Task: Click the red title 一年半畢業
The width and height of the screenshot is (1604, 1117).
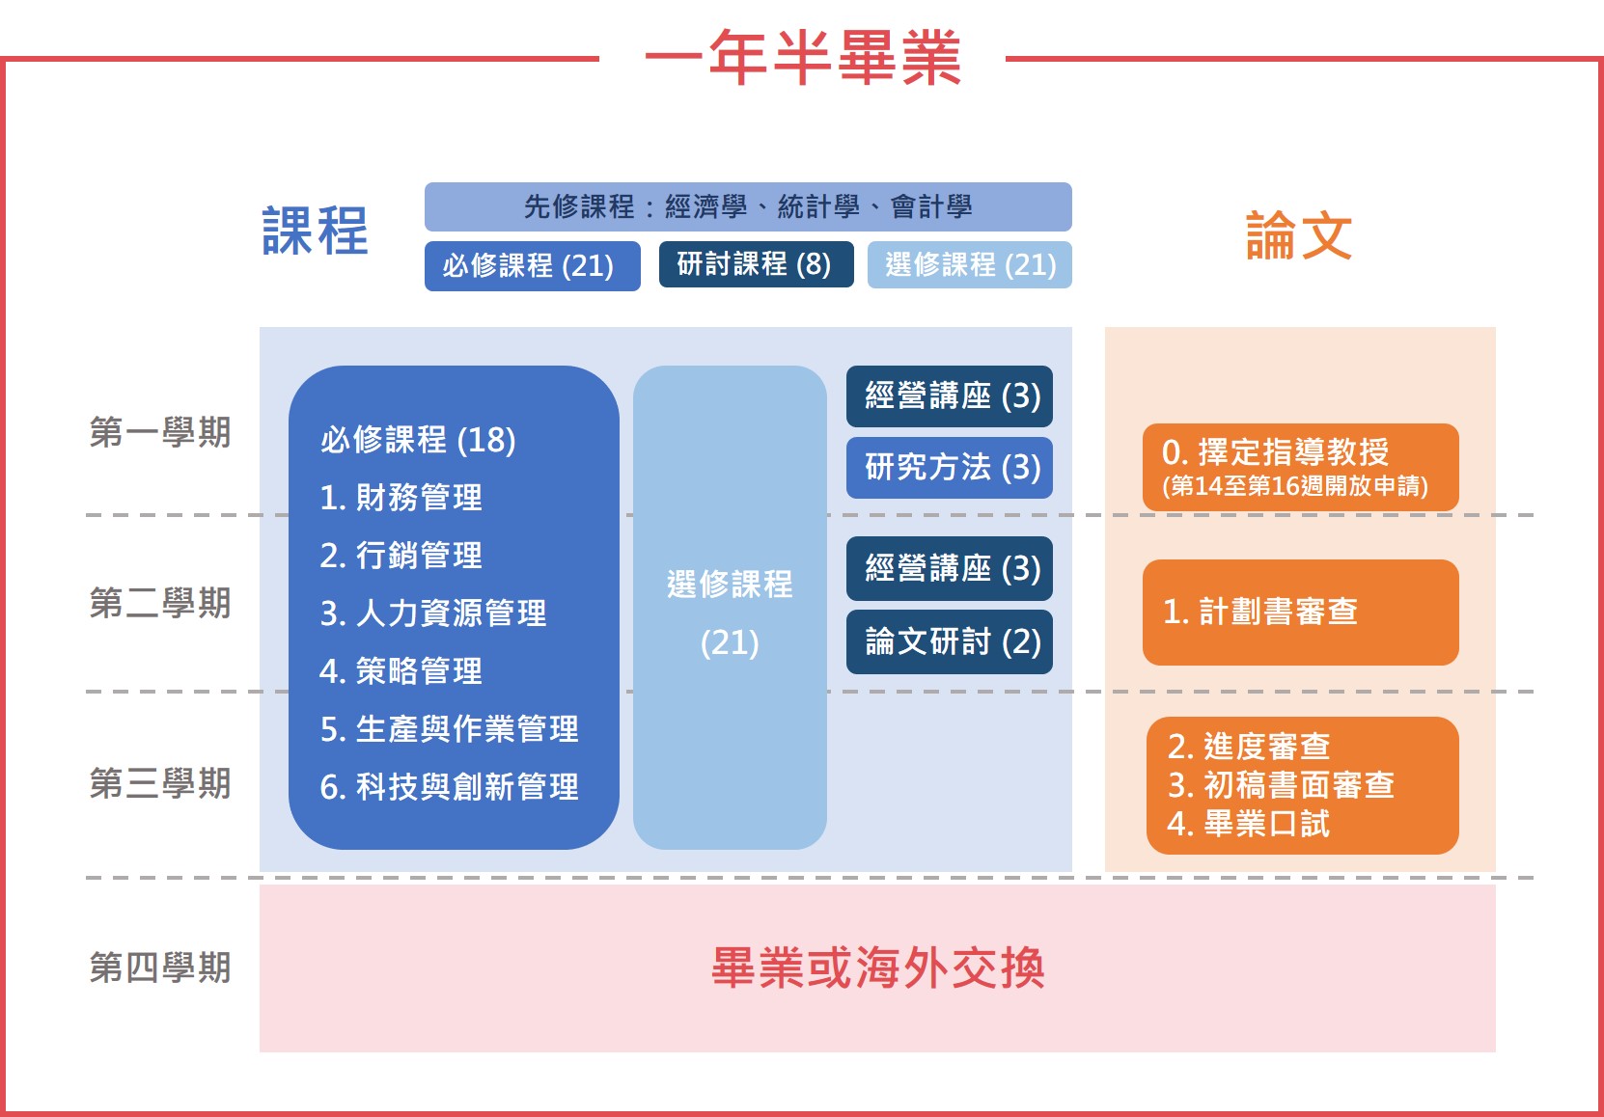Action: [803, 57]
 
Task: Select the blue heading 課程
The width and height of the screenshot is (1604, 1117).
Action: [315, 232]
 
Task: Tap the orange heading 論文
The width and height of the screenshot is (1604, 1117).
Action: [1299, 235]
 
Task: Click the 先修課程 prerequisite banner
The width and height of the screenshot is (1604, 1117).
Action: [748, 206]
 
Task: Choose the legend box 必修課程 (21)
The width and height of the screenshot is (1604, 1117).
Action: [532, 266]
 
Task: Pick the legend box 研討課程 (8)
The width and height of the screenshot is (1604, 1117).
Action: [757, 264]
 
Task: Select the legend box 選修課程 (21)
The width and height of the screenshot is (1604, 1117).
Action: [970, 264]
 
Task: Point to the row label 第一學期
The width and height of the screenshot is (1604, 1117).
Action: [159, 432]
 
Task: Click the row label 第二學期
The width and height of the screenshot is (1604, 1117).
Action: [159, 603]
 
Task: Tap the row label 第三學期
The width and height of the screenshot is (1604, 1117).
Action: [159, 783]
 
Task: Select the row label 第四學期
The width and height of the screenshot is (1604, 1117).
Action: [159, 967]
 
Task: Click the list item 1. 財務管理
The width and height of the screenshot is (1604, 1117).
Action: [401, 498]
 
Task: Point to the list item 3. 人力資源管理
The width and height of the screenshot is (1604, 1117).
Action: [433, 613]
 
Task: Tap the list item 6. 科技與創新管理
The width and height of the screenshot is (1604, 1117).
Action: [449, 787]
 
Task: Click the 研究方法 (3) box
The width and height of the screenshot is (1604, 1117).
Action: [950, 467]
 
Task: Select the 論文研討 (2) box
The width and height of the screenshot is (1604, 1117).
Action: [950, 641]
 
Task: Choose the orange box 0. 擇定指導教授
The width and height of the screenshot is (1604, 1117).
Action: [1300, 467]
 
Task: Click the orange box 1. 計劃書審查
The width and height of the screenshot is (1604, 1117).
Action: [1300, 613]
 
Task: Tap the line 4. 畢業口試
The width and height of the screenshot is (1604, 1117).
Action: [1248, 824]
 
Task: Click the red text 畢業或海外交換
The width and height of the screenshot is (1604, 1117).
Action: [878, 968]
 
